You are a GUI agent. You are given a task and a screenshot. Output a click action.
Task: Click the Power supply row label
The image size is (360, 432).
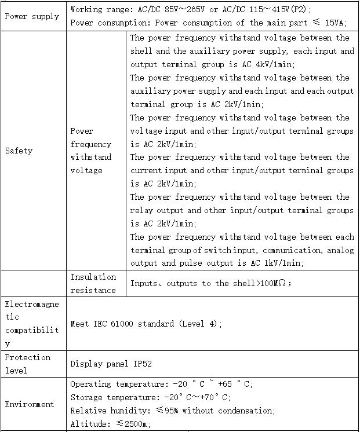point(32,16)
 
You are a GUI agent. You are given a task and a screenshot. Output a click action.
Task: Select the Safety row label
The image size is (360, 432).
point(19,151)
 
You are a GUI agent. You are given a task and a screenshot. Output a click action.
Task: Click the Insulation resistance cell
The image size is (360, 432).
point(93,283)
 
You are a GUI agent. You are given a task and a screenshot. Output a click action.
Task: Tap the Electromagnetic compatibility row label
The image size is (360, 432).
point(32,324)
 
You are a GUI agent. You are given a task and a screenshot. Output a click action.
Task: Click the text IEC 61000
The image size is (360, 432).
point(114,324)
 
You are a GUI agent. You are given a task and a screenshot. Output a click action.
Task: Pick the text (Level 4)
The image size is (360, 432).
point(200,324)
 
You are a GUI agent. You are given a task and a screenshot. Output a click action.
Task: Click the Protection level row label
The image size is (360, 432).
point(27,364)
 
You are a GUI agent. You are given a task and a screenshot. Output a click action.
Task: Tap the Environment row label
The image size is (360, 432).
point(30,404)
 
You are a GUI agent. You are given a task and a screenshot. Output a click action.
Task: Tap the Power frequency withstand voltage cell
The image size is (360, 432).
point(91,151)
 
